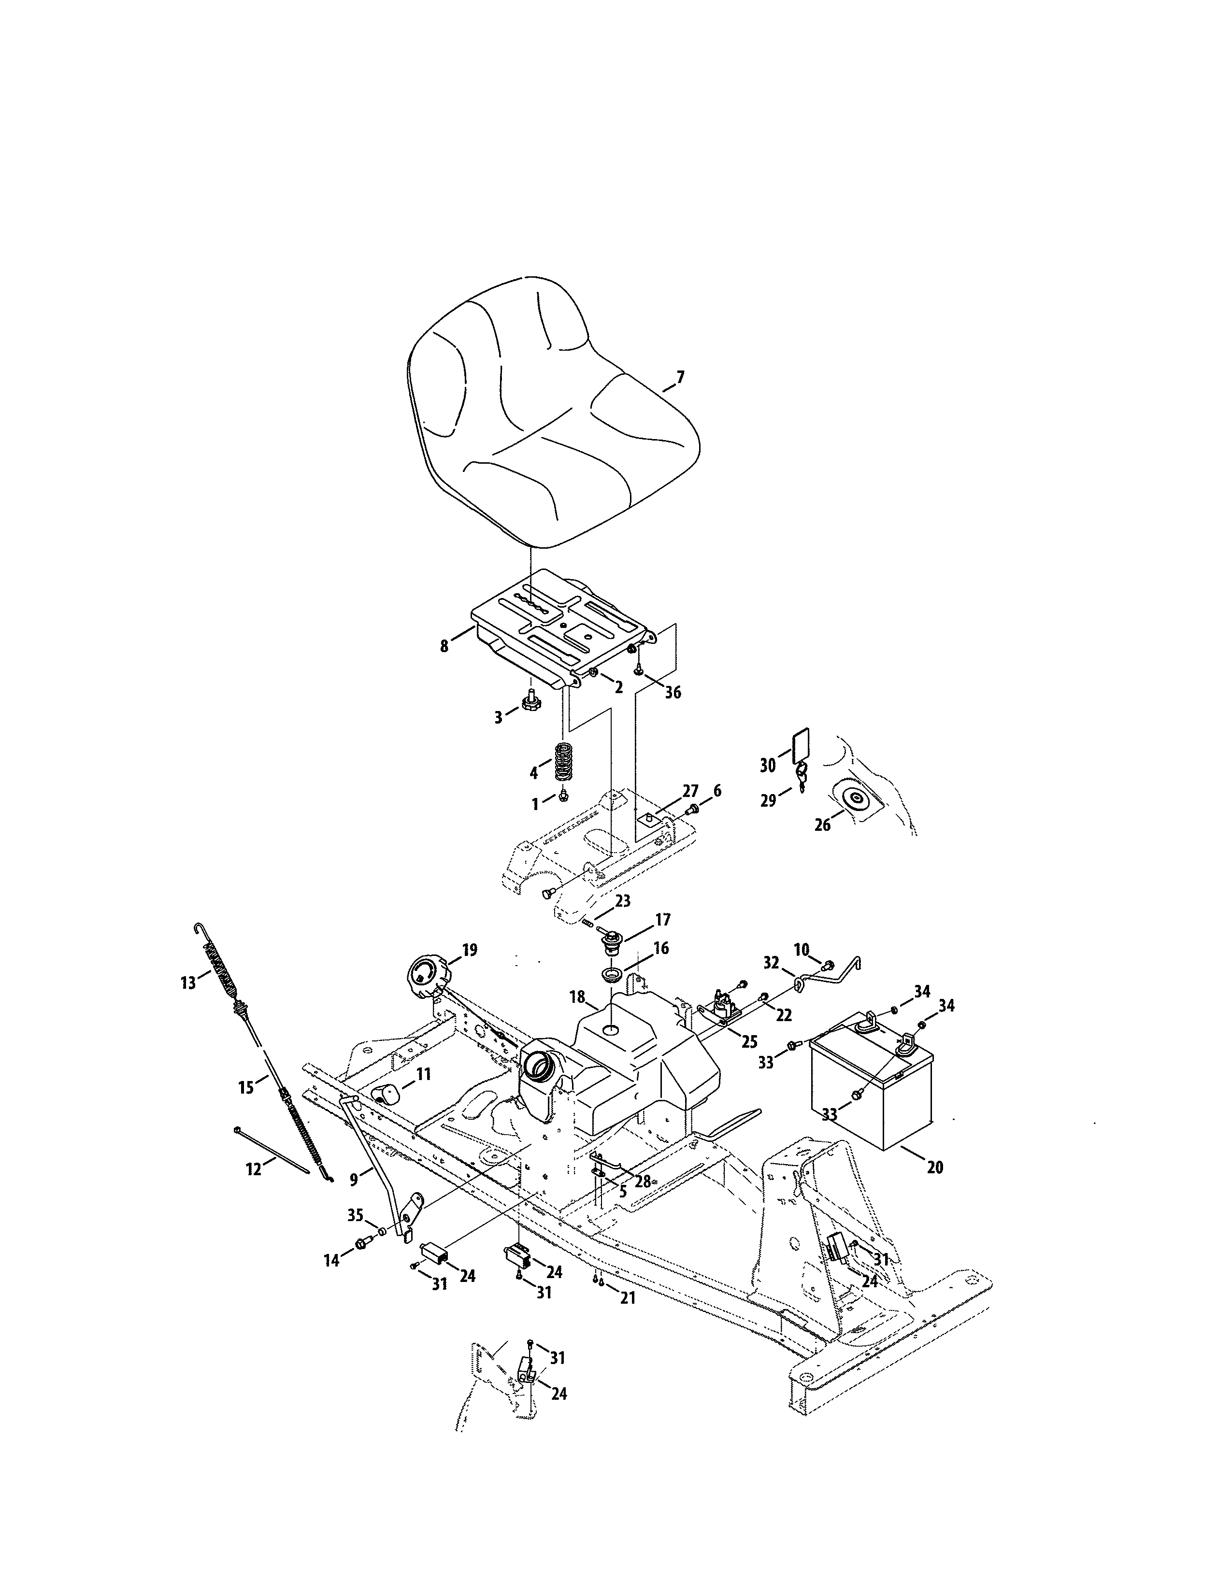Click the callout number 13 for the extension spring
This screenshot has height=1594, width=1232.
point(188,983)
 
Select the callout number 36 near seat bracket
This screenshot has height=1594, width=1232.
point(672,692)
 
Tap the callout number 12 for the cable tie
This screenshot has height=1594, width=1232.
point(253,1169)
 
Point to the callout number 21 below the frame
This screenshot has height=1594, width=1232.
point(627,1298)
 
